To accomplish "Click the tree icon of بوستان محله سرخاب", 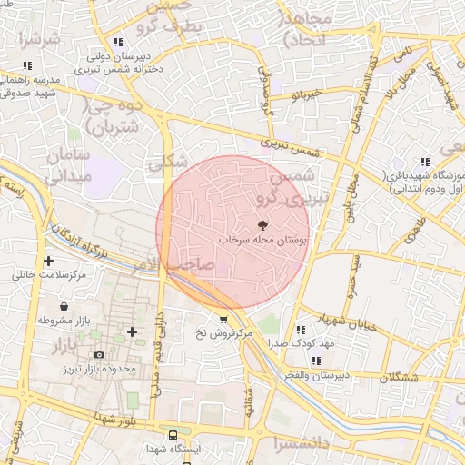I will [263, 224].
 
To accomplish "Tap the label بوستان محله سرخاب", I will [263, 241].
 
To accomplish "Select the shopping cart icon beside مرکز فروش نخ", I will [223, 319].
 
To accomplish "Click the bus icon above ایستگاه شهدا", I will [173, 435].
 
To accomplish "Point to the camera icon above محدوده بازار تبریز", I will [100, 354].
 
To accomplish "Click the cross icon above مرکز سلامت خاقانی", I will [48, 261].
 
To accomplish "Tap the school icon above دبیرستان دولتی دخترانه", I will [118, 42].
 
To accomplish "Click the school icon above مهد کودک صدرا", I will [301, 329].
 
